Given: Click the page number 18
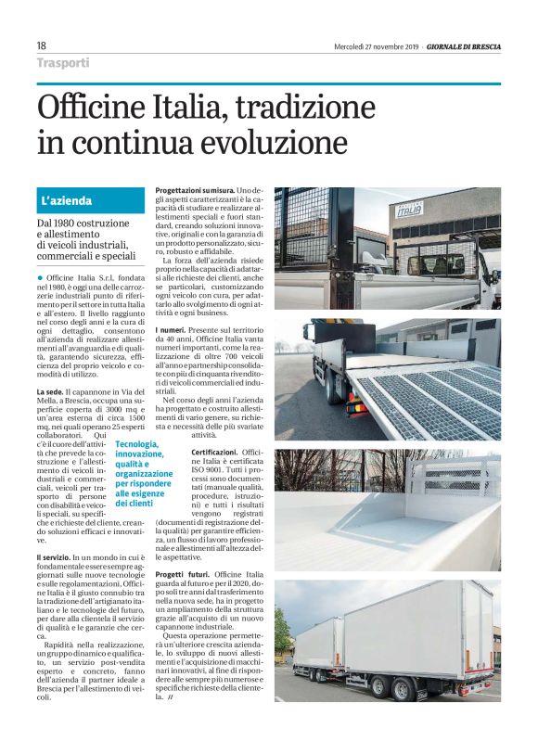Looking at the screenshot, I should [x=42, y=45].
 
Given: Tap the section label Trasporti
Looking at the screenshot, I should [x=63, y=63].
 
